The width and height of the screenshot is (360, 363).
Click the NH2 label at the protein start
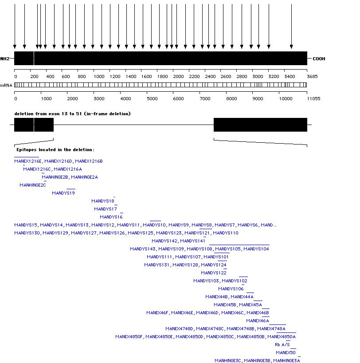(x=4, y=59)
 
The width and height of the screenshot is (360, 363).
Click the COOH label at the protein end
(x=319, y=59)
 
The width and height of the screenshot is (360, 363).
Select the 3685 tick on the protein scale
(x=312, y=77)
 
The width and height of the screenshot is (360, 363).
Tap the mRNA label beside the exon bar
(x=6, y=85)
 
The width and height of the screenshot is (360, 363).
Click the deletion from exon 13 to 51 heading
(x=72, y=114)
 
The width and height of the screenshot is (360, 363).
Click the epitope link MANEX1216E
(x=28, y=161)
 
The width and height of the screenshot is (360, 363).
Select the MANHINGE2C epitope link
(x=33, y=185)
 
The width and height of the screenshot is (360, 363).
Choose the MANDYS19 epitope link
(x=63, y=193)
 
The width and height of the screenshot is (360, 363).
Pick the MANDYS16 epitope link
(x=111, y=217)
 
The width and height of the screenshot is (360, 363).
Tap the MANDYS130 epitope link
(x=27, y=233)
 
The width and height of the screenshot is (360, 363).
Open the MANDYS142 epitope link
(x=164, y=241)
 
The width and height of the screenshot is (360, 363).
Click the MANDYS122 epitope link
(x=214, y=273)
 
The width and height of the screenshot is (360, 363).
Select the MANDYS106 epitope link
(x=231, y=289)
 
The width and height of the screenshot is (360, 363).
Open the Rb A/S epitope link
(x=282, y=345)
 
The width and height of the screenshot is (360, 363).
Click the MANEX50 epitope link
(x=286, y=353)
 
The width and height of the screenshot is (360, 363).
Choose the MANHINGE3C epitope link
(x=228, y=361)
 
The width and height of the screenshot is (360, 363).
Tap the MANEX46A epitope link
(x=258, y=321)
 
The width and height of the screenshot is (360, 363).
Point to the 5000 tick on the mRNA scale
(x=152, y=98)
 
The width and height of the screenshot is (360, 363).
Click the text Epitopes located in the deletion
(x=55, y=150)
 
